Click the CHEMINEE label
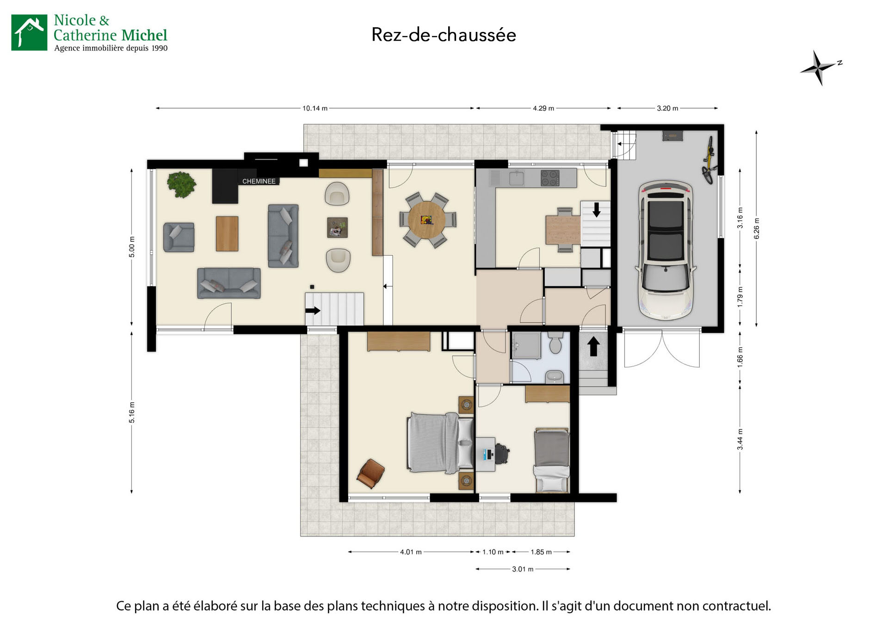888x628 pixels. [259, 181]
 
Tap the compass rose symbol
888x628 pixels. [819, 68]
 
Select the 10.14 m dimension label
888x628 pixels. [315, 108]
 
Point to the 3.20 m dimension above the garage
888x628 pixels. [667, 108]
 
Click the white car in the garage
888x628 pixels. [666, 250]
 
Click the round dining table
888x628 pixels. [426, 220]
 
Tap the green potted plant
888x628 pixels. [181, 185]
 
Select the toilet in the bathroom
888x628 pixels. [555, 343]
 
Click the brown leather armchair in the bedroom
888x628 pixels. [371, 473]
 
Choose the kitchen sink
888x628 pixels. [516, 178]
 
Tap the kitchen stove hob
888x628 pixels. [550, 178]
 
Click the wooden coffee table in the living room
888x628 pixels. [227, 234]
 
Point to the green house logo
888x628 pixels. [29, 32]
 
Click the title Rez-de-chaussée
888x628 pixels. [444, 35]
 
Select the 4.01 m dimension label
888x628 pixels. [411, 552]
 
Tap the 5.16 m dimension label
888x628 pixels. [132, 413]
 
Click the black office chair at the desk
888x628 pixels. [502, 453]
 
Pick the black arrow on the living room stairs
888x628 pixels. [313, 310]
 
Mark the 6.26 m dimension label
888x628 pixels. [757, 228]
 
